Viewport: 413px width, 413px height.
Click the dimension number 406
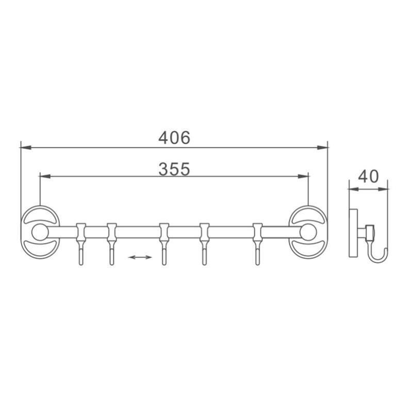[174, 138]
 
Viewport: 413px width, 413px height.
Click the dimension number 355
[174, 169]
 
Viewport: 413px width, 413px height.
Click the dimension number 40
[368, 176]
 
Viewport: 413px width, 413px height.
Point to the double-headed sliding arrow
[140, 257]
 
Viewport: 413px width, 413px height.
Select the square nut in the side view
[370, 232]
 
